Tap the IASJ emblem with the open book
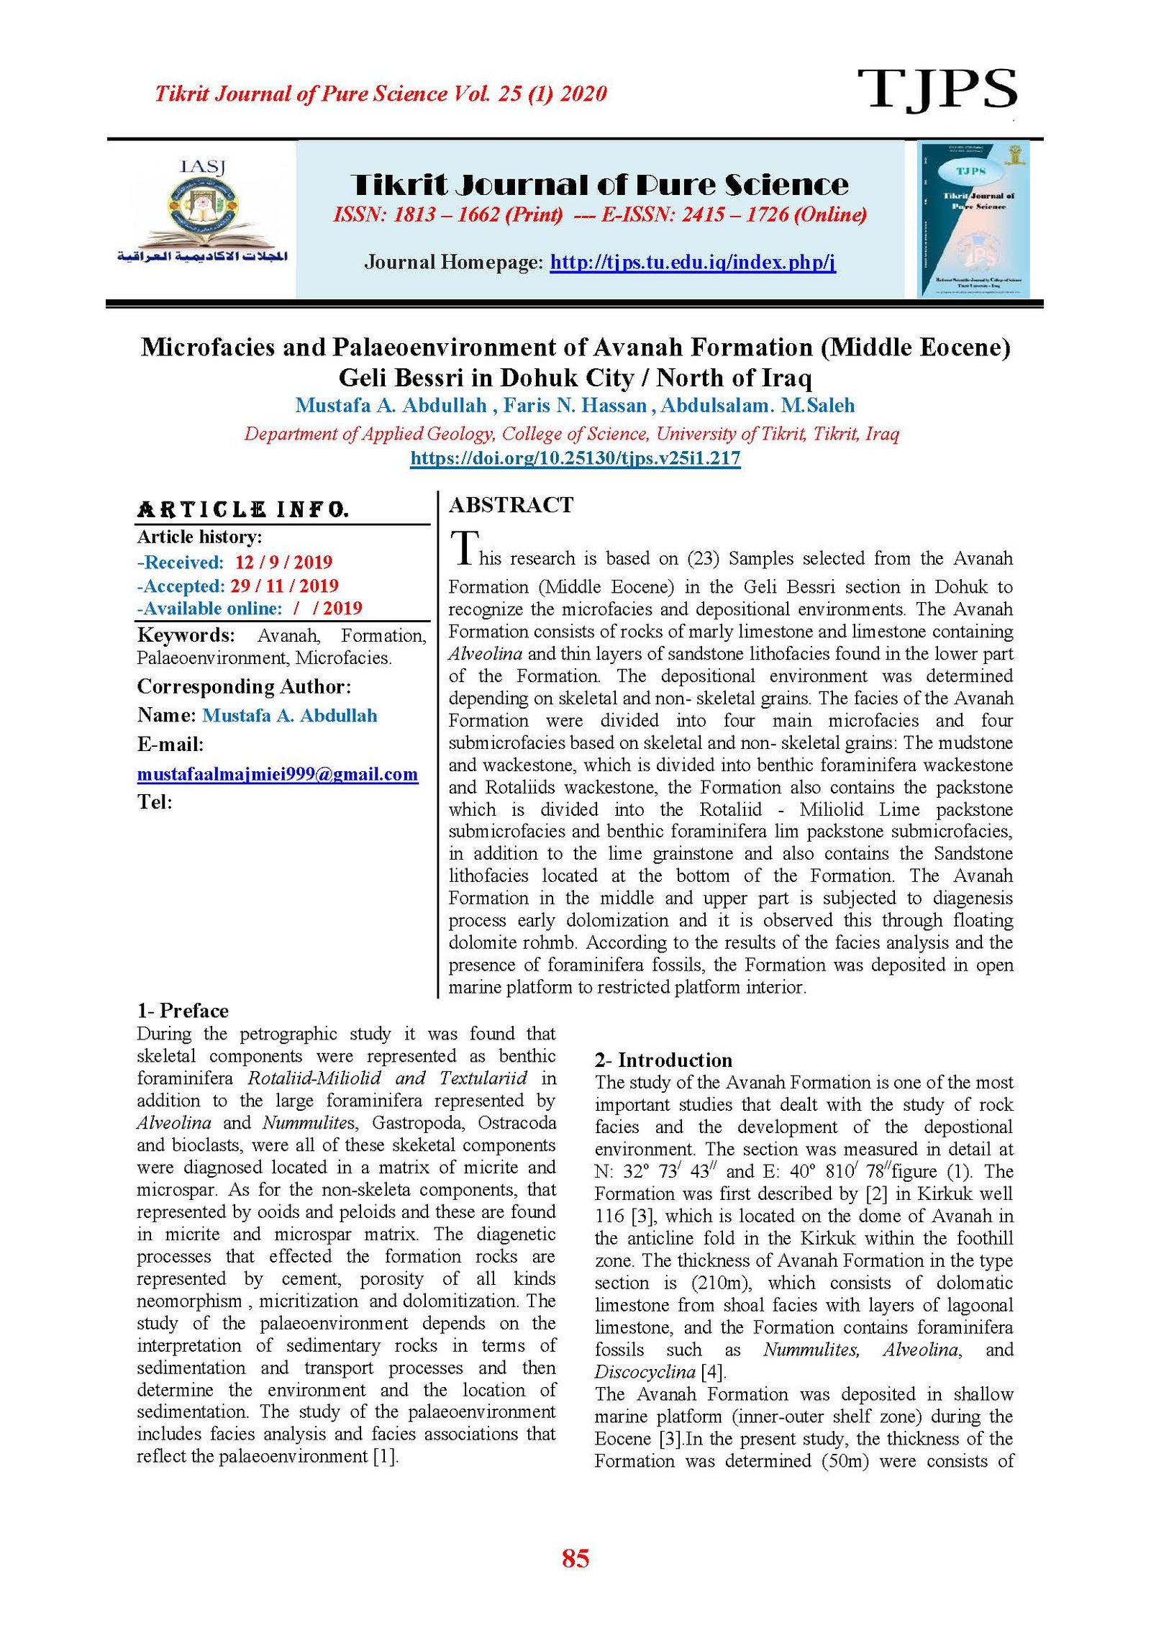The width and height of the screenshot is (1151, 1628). (x=202, y=212)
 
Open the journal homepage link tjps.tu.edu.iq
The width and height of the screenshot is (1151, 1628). (x=692, y=262)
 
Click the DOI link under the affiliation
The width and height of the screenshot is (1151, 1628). (x=575, y=458)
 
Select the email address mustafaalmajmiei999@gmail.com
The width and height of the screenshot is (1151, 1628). (x=278, y=774)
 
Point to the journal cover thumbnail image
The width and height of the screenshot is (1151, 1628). (x=973, y=219)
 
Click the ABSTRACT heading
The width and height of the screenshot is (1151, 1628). (x=511, y=505)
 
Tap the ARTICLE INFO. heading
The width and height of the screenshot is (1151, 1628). (x=243, y=510)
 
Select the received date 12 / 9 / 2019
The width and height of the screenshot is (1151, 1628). (x=283, y=562)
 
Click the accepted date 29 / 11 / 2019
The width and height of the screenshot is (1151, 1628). (x=284, y=586)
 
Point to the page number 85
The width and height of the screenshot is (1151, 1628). (x=575, y=1557)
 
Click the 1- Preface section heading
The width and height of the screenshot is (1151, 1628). (x=183, y=1011)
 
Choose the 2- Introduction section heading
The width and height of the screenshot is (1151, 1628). (x=663, y=1060)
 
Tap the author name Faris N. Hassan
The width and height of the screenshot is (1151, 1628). (x=575, y=405)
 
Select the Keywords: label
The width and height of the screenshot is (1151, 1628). (x=186, y=635)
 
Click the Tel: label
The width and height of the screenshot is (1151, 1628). (x=155, y=802)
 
